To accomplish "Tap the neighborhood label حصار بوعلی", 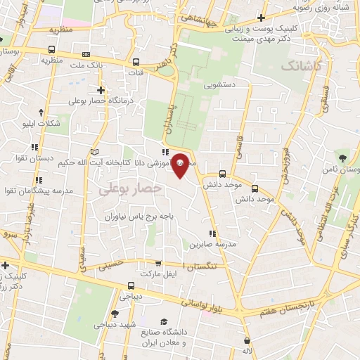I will tap(130, 188).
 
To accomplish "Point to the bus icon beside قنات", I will tap(136, 61).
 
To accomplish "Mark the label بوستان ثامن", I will tap(337, 169).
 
